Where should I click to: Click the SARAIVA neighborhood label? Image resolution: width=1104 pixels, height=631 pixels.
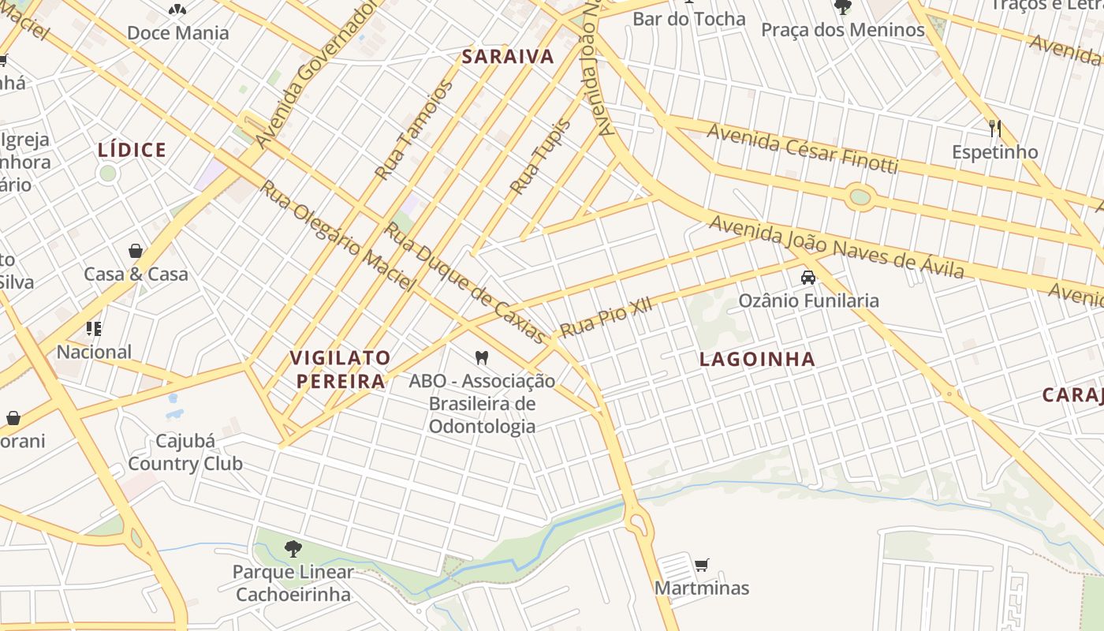508,57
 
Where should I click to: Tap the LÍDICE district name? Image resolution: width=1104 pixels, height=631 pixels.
132,150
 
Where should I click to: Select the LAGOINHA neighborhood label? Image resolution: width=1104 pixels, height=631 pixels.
757,360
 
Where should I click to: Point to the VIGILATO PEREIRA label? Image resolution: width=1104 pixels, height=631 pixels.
341,369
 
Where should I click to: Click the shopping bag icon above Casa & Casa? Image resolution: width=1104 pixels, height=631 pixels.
136,252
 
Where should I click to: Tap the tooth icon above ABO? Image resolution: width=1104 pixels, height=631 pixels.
482,358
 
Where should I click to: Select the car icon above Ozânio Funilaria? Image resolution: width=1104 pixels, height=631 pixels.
808,278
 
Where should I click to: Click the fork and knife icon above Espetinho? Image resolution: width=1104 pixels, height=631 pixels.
995,128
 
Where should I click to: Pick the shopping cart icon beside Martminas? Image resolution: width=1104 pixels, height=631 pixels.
701,565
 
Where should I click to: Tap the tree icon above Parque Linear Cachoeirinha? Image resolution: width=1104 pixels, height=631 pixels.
293,548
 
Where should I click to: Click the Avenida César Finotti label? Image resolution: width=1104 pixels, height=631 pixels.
802,147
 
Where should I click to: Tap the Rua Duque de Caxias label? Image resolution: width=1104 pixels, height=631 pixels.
464,282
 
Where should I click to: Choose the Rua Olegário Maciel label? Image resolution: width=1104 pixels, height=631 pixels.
338,235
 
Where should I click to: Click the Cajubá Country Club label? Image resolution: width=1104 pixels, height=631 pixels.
185,452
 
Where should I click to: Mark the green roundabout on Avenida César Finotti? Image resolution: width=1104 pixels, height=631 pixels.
860,196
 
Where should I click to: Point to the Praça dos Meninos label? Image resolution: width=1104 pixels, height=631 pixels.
842,30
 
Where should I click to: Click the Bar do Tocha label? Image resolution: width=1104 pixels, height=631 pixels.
688,19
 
